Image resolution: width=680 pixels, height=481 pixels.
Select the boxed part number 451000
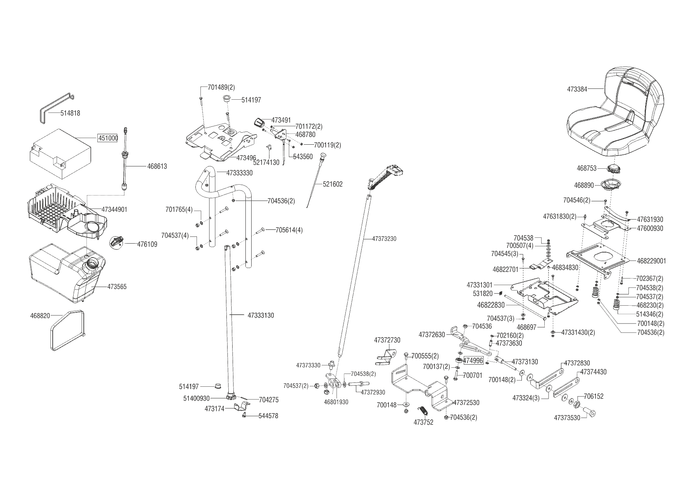click(107, 138)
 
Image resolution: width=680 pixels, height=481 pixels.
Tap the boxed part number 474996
click(473, 361)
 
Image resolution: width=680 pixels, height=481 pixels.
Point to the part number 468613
click(157, 166)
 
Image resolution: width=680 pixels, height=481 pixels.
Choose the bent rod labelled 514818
click(56, 107)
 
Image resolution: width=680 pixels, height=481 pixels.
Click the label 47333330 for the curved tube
click(239, 173)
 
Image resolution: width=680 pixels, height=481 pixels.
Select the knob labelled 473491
click(259, 122)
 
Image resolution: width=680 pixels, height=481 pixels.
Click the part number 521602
click(333, 184)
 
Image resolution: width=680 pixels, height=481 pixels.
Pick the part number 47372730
click(387, 340)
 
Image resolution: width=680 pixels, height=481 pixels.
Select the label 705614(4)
click(289, 230)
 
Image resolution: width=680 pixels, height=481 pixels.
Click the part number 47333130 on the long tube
click(261, 315)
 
